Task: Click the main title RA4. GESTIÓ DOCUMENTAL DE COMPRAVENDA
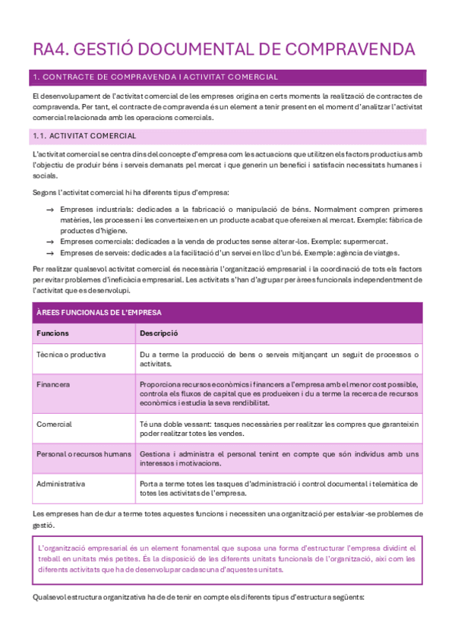[x=224, y=49]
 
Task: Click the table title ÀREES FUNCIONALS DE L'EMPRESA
[x=99, y=312]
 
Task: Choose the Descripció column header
[x=159, y=333]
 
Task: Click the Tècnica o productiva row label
[x=71, y=355]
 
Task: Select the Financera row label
[x=53, y=384]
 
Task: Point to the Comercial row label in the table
[x=54, y=424]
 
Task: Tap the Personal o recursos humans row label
[x=84, y=454]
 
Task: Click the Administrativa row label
[x=61, y=483]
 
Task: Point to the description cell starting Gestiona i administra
[x=280, y=459]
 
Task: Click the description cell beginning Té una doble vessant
[x=280, y=428]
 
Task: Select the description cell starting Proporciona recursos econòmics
[x=280, y=394]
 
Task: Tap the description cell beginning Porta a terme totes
[x=280, y=488]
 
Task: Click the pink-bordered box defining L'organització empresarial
[x=227, y=558]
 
